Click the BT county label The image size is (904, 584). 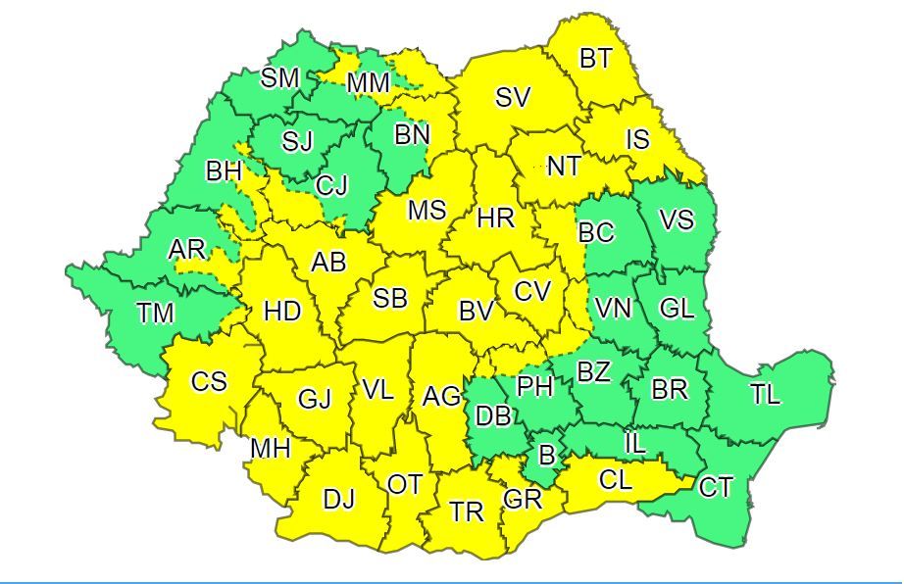pos(595,59)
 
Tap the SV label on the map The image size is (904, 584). pos(512,97)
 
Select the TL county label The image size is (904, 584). pos(766,395)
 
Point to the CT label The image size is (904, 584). pos(716,486)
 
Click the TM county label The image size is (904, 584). pos(155,314)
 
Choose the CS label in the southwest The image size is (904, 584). pos(209,381)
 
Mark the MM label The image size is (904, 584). pos(369,84)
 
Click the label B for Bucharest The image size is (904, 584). pos(547,456)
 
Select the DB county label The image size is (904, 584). pos(493,416)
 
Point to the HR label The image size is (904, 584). pos(496,219)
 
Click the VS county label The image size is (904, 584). pos(676,220)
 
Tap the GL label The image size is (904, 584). pos(676,308)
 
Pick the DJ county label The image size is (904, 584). pos(338,500)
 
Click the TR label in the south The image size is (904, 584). pos(467,511)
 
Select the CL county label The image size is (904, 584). pos(615,480)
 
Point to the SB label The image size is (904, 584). pos(389,299)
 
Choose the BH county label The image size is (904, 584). pos(224,171)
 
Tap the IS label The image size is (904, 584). pos(637,139)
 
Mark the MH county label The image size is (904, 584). pos(271,449)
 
